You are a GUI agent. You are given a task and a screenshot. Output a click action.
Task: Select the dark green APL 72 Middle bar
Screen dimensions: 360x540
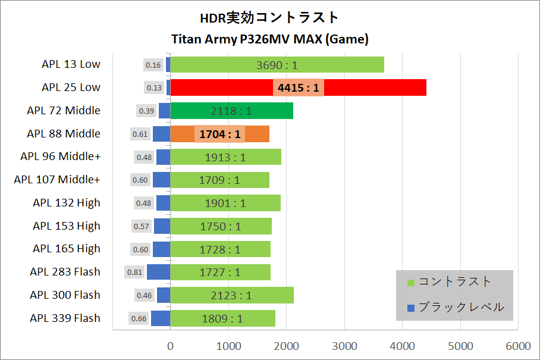tap(232, 111)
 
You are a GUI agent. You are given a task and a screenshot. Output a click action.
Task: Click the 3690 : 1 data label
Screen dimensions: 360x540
tap(277, 64)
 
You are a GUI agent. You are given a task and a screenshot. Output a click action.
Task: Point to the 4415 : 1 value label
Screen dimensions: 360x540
tap(299, 87)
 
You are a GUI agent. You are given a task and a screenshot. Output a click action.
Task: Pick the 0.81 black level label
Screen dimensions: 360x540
tap(134, 272)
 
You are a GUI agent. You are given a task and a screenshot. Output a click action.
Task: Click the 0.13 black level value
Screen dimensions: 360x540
tap(154, 87)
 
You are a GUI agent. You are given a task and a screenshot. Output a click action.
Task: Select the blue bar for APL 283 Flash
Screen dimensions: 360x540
tap(158, 272)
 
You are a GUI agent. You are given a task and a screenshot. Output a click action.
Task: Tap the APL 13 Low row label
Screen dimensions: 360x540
tap(71, 64)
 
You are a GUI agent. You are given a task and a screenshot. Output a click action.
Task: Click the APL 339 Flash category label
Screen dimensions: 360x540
tap(65, 318)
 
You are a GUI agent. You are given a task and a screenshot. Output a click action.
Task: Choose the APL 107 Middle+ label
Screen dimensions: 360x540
tap(57, 180)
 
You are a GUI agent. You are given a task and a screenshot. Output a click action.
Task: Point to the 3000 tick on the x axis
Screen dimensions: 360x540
tap(344, 346)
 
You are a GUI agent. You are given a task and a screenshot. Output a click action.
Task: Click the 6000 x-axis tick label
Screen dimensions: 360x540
tap(519, 346)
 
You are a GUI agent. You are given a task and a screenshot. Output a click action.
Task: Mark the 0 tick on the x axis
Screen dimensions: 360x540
tap(171, 346)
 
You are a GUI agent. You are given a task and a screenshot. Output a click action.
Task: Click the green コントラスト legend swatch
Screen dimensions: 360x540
tap(410, 282)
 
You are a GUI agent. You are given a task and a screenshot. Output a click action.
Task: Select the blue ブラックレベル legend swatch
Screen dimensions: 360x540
tap(410, 308)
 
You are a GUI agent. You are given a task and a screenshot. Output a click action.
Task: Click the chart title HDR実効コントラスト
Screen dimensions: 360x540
tap(269, 17)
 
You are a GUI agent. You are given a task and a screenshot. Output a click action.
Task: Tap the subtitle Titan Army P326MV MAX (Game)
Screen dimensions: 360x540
tap(270, 39)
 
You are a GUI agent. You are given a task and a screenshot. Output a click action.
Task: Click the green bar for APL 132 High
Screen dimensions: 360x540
tap(225, 203)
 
